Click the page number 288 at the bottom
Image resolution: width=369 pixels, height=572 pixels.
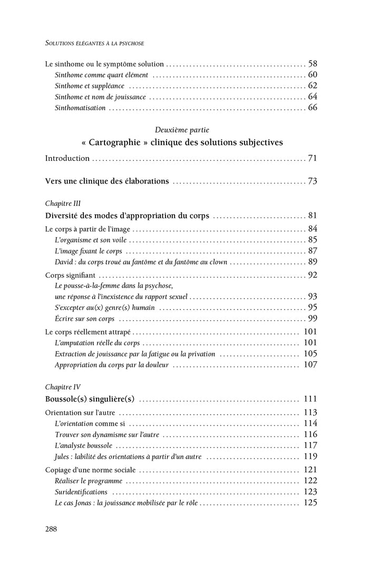pyautogui.click(x=51, y=529)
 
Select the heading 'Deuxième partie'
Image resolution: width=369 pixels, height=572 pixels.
pyautogui.click(x=182, y=129)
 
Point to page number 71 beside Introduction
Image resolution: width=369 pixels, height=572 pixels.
pyautogui.click(x=313, y=158)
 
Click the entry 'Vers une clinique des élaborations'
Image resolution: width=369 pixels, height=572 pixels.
pyautogui.click(x=107, y=181)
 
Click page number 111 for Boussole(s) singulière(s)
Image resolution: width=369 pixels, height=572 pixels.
pyautogui.click(x=310, y=399)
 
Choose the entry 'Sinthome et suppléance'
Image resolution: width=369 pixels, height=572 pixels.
pyautogui.click(x=90, y=85)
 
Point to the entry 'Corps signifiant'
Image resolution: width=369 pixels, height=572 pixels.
pyautogui.click(x=70, y=275)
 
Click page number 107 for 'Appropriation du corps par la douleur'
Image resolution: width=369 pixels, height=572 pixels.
pyautogui.click(x=310, y=365)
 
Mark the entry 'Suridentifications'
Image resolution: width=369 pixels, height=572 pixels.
pyautogui.click(x=81, y=492)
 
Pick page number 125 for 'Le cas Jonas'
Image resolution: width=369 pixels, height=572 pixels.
pyautogui.click(x=310, y=503)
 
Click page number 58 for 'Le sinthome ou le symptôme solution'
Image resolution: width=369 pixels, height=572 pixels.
pyautogui.click(x=313, y=64)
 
